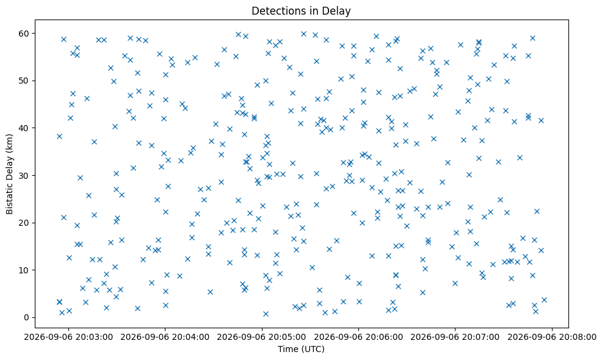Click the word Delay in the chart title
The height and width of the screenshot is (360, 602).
pos(339,11)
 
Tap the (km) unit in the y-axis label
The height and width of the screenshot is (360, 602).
pos(9,143)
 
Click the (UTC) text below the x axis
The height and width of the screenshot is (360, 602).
pos(312,349)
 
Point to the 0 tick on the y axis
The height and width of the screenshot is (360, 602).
pos(27,317)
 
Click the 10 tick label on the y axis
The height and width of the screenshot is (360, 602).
pos(24,270)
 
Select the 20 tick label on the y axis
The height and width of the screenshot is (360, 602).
pos(24,223)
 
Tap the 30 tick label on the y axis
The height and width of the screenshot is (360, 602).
pos(24,175)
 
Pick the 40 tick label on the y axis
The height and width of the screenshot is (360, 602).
pos(24,128)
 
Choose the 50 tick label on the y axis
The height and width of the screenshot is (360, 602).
pos(24,81)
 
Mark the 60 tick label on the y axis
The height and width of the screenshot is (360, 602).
pos(24,34)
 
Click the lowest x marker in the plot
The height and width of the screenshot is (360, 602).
pos(266,314)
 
